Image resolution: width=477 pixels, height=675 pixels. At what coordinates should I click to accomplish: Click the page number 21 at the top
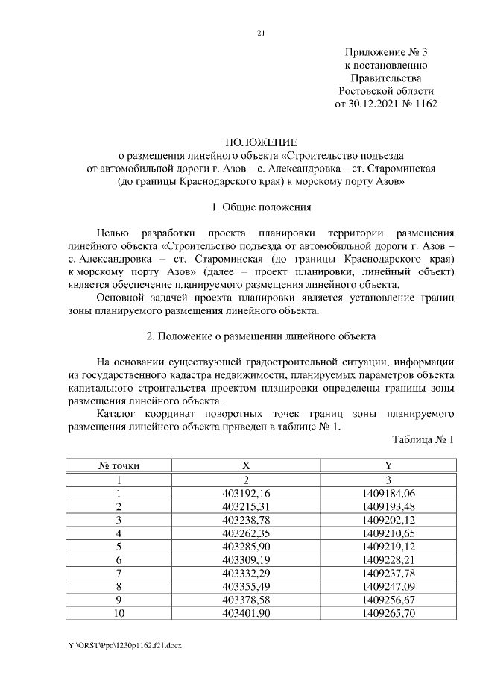click(x=261, y=32)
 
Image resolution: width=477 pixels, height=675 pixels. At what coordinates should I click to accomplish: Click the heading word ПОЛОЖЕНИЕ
click(x=261, y=142)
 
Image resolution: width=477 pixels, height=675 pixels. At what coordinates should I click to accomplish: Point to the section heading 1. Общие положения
click(x=261, y=207)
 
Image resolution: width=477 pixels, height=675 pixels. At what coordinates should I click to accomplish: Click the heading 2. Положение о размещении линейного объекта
click(x=261, y=336)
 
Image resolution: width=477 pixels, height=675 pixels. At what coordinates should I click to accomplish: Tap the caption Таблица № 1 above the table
click(x=423, y=439)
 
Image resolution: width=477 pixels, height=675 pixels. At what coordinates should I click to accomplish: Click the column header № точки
click(x=119, y=465)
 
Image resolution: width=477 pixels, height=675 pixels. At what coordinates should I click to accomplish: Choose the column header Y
click(x=388, y=465)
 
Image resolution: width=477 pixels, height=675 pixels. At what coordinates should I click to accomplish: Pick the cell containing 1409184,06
click(x=388, y=493)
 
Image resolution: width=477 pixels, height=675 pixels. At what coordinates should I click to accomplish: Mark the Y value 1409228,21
click(x=388, y=560)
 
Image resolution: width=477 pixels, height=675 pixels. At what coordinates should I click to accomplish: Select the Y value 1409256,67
click(x=388, y=600)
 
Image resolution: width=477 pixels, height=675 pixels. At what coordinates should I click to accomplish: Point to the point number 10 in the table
click(x=119, y=613)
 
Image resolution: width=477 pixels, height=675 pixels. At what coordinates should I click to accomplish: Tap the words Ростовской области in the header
click(x=386, y=91)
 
